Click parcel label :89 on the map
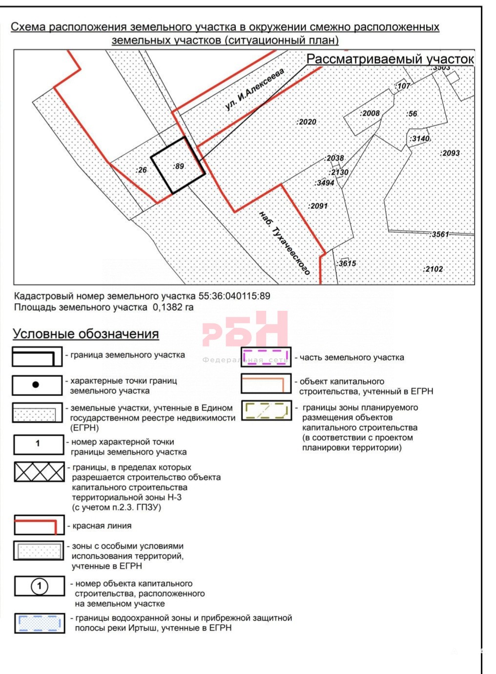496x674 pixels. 179,166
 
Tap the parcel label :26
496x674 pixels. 141,170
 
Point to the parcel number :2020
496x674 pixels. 307,122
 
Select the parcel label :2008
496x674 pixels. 370,113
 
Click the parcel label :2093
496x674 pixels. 450,153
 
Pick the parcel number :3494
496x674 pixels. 325,183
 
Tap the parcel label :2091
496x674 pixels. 318,206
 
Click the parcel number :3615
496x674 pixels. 347,263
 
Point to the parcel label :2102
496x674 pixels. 433,269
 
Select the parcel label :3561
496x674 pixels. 439,235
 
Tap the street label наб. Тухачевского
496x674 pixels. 285,243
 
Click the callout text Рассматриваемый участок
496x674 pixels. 390,59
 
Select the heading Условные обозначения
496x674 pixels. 86,334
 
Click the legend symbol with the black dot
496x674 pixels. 36,385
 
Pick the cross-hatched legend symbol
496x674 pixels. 39,472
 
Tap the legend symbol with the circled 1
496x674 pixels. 40,587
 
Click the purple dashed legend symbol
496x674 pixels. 266,357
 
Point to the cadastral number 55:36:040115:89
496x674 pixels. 234,296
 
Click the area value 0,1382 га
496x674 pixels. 173,307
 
